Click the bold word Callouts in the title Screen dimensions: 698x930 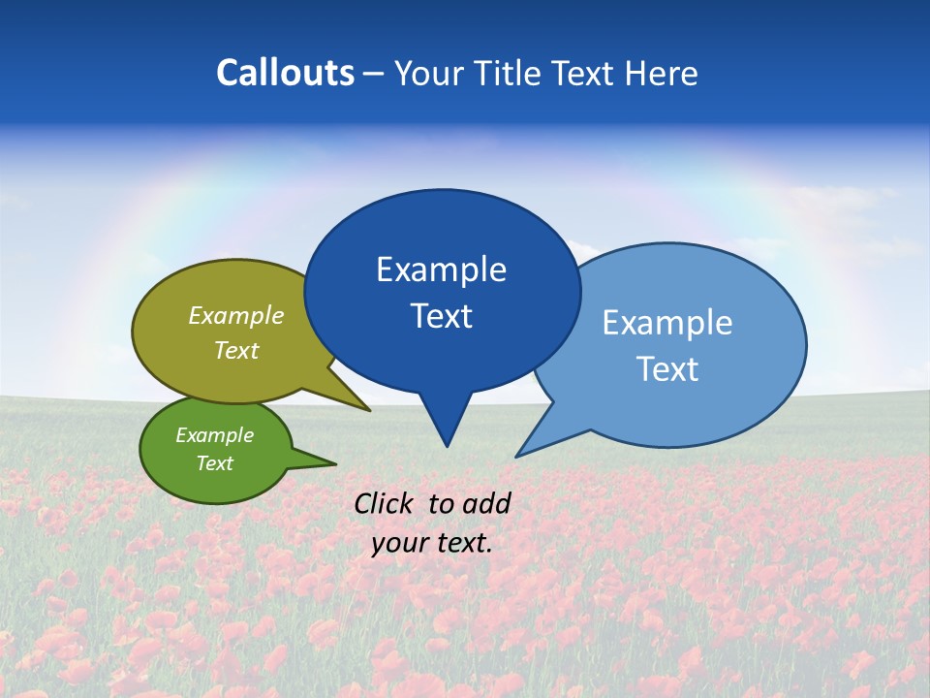(285, 73)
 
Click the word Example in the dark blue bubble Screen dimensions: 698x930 (441, 270)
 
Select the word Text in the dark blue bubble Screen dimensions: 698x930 (441, 316)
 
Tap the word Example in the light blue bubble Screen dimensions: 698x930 (667, 323)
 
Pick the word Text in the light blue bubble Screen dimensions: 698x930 (667, 369)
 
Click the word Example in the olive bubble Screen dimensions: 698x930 (236, 316)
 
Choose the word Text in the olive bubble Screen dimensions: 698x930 (236, 350)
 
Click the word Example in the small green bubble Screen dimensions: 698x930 (214, 435)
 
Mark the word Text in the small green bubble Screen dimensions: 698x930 (214, 463)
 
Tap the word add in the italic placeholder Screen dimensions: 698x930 (487, 503)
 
